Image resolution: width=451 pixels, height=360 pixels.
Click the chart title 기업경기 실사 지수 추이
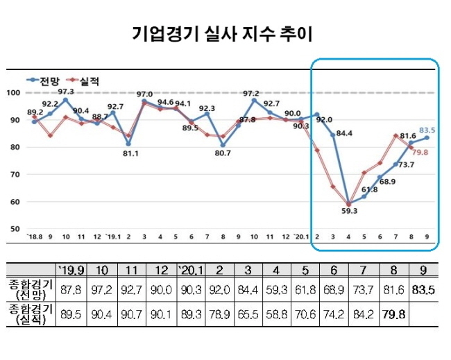click(226, 33)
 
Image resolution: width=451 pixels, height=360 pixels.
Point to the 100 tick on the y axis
click(12, 93)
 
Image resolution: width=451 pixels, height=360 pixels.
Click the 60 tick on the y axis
click(14, 202)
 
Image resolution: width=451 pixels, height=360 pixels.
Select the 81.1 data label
click(129, 153)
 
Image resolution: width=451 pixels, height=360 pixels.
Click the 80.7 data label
click(222, 153)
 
